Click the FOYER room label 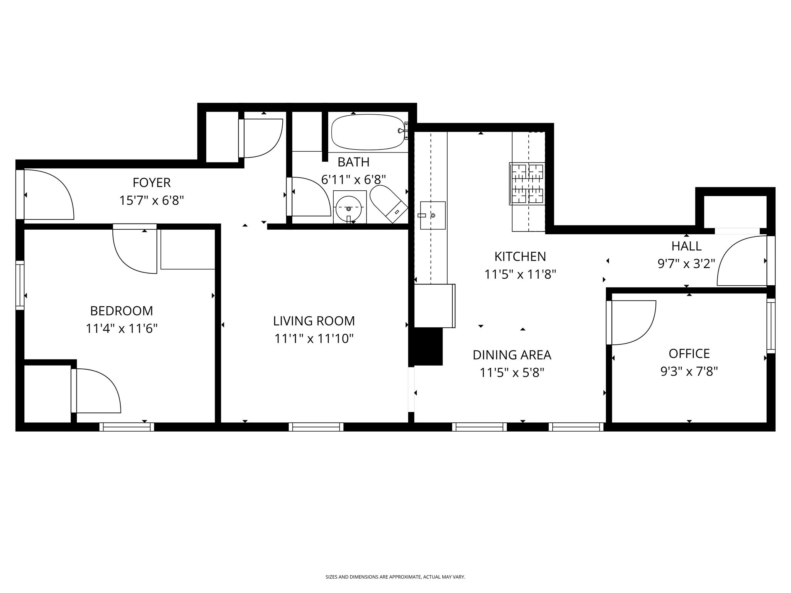pyautogui.click(x=151, y=182)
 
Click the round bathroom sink pyautogui.click(x=349, y=208)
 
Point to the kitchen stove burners pyautogui.click(x=528, y=184)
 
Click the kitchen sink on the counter pyautogui.click(x=433, y=215)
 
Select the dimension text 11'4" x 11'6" pyautogui.click(x=122, y=329)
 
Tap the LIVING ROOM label pyautogui.click(x=314, y=321)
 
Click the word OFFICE pyautogui.click(x=689, y=354)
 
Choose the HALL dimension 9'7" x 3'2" pyautogui.click(x=686, y=264)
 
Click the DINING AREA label pyautogui.click(x=512, y=355)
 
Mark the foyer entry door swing pyautogui.click(x=48, y=195)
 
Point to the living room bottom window pyautogui.click(x=316, y=427)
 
